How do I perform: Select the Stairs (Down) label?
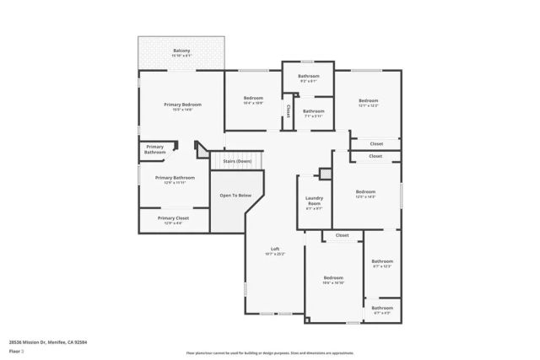237,160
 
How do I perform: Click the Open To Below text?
236,196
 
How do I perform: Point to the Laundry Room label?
313,203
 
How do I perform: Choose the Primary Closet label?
174,220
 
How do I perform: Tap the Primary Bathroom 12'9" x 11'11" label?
175,180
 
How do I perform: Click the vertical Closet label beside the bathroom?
288,111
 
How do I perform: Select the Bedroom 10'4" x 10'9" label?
253,100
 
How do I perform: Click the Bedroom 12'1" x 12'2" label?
369,103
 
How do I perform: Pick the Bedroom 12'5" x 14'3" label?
365,194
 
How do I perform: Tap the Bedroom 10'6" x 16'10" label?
333,280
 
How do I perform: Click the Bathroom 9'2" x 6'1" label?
308,78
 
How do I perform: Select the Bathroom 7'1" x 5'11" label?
314,113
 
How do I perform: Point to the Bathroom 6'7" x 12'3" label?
382,264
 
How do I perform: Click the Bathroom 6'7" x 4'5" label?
382,310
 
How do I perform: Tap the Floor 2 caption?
15,350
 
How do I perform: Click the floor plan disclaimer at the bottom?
269,352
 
